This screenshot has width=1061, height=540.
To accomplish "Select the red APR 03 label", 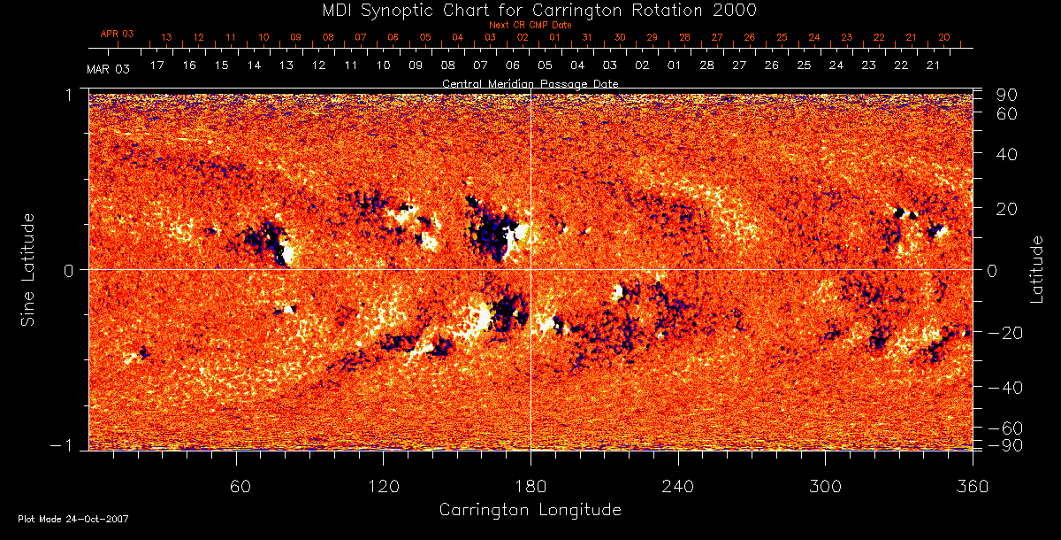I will (x=117, y=34).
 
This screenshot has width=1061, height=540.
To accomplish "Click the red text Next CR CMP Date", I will (x=530, y=25).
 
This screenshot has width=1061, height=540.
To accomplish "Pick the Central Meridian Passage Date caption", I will (x=530, y=83).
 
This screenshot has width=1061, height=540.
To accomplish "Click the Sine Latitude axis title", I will (x=28, y=269).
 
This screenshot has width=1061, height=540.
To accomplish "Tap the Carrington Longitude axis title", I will (x=530, y=510).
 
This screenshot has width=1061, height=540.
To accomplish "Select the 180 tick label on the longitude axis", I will (x=530, y=486).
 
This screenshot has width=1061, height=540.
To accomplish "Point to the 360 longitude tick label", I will (x=972, y=486).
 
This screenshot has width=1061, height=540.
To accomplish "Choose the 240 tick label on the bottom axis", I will (x=677, y=486).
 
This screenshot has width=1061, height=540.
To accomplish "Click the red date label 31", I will (x=587, y=38).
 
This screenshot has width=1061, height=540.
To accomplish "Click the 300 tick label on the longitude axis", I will (x=824, y=486).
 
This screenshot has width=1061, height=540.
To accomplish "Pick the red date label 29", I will (x=652, y=38).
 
